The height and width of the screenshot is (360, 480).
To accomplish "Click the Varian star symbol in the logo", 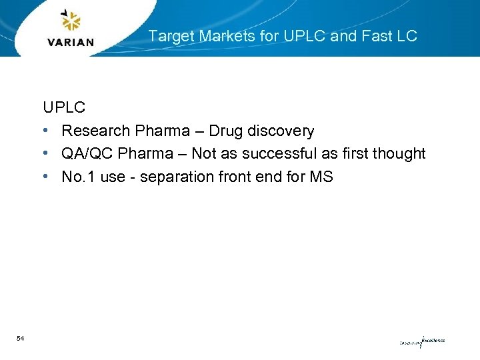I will click(x=70, y=21).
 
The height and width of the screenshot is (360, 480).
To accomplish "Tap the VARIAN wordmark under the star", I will click(x=71, y=42).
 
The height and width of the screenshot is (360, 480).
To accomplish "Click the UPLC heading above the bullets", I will click(x=64, y=107).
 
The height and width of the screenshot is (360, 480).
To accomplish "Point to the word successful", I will click(x=281, y=153).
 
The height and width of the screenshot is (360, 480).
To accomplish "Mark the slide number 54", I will click(x=21, y=339).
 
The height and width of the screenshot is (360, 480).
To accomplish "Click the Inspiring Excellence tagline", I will click(x=421, y=341).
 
